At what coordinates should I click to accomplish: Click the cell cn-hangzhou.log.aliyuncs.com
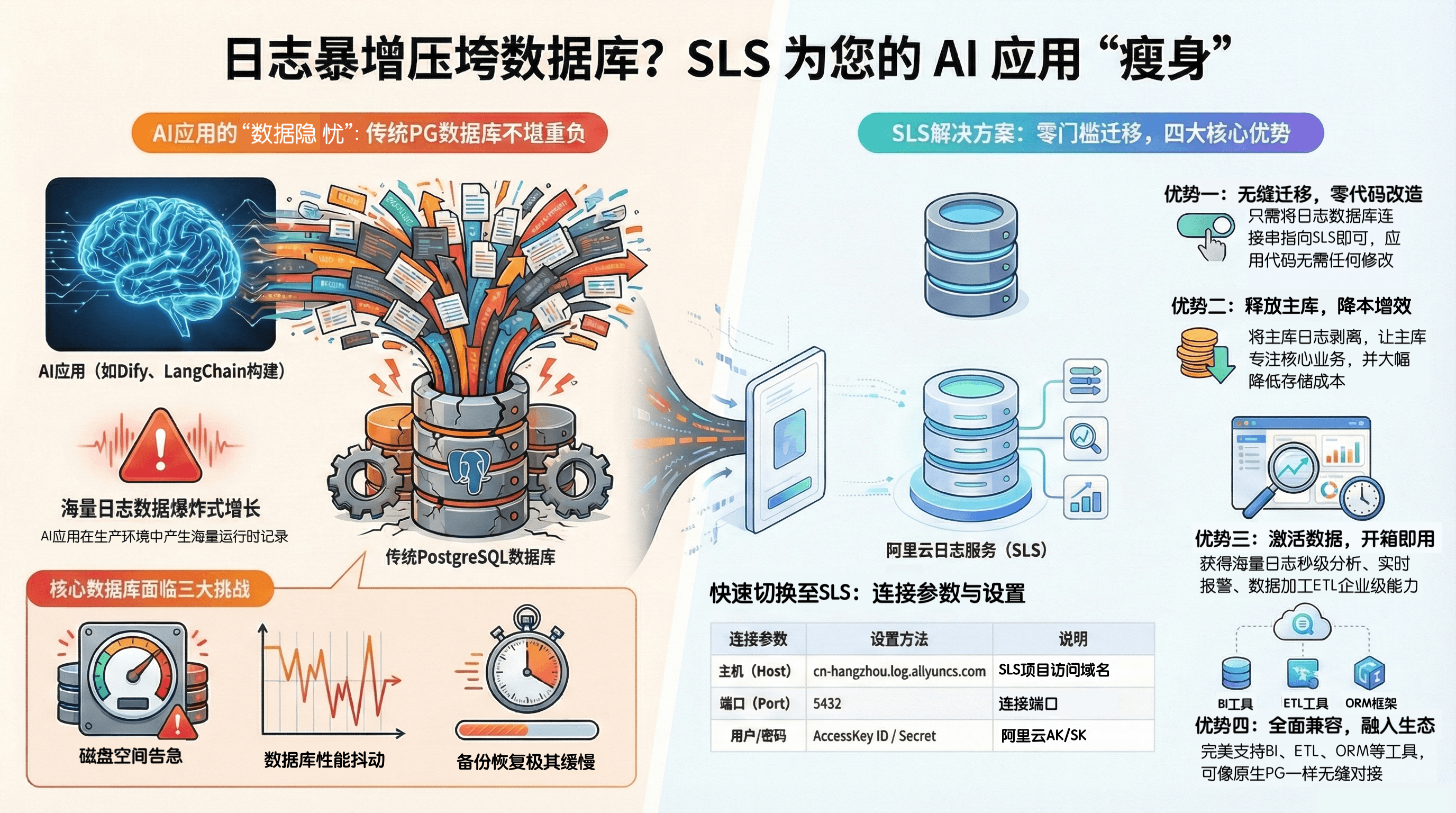(899, 671)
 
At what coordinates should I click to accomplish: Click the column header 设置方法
(899, 639)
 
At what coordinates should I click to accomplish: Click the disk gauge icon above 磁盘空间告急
(133, 679)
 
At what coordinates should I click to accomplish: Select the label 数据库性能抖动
(324, 760)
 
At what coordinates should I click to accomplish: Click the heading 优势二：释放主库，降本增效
(1291, 306)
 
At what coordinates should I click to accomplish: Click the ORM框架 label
(1370, 703)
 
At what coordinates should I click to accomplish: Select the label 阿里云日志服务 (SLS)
(966, 550)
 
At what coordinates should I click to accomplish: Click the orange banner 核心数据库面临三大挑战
(150, 589)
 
